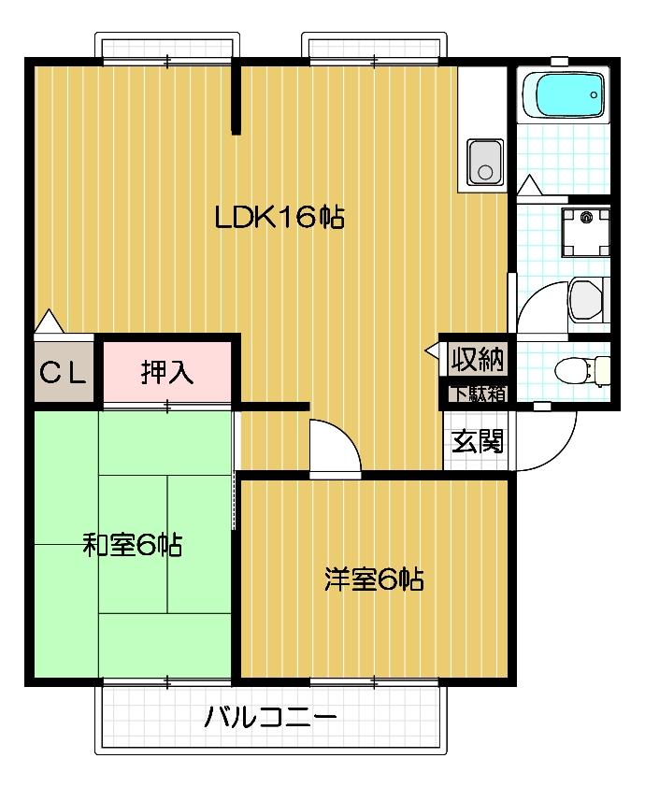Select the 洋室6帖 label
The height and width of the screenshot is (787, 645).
pos(374,580)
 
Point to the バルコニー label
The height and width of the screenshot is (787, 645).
pos(270,720)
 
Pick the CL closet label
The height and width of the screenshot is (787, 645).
pos(63,373)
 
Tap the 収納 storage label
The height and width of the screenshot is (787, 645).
pos(478,358)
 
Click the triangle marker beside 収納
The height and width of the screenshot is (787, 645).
pos(433,351)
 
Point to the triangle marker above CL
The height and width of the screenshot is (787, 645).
pos(49,322)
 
